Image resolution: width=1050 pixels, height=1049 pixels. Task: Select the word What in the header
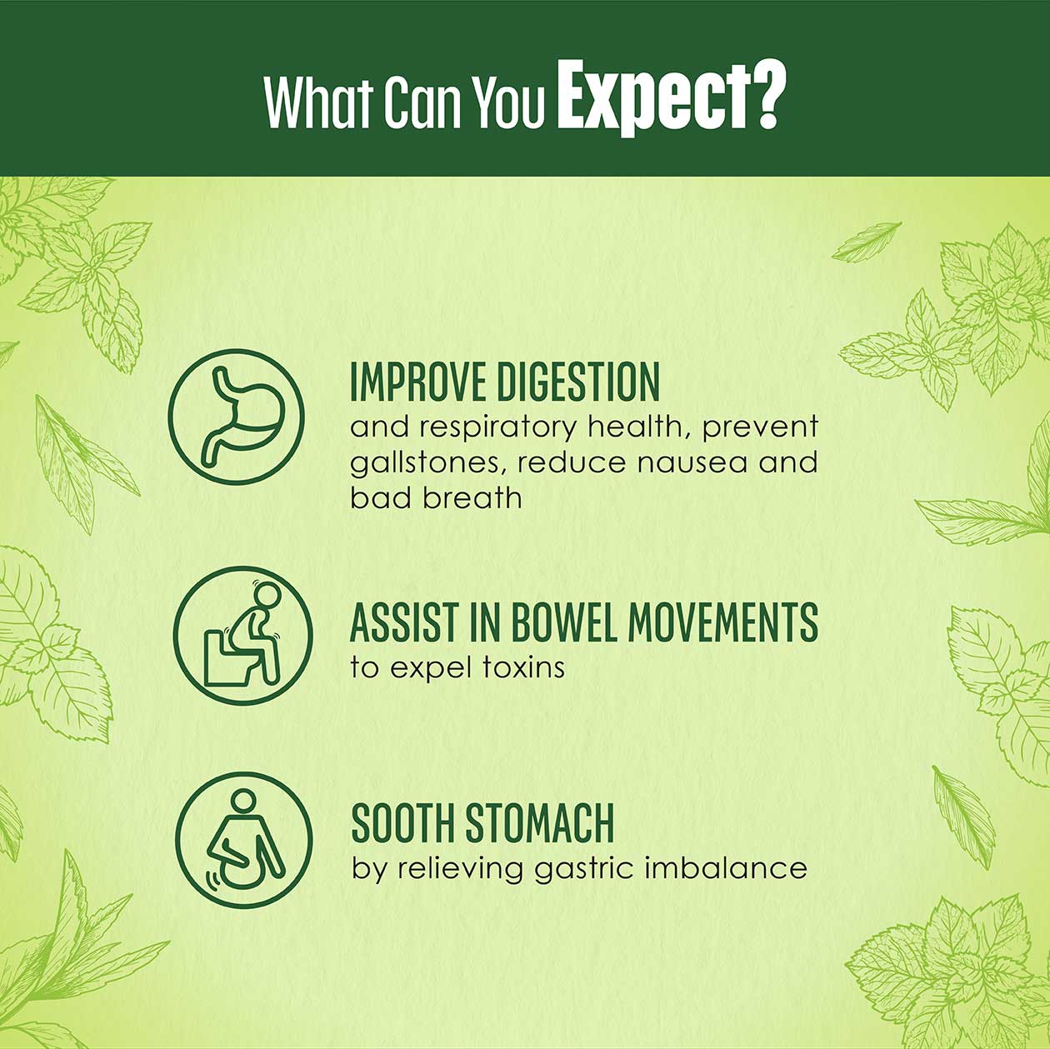click(316, 102)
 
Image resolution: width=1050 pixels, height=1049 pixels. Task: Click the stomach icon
click(236, 417)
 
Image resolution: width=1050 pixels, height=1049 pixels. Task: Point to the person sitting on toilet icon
click(243, 636)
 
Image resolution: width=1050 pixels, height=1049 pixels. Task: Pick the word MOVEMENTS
click(722, 622)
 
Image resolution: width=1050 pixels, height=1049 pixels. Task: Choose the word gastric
click(583, 869)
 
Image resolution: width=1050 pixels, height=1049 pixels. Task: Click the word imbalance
click(725, 867)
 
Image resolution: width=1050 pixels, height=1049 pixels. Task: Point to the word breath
click(472, 497)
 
